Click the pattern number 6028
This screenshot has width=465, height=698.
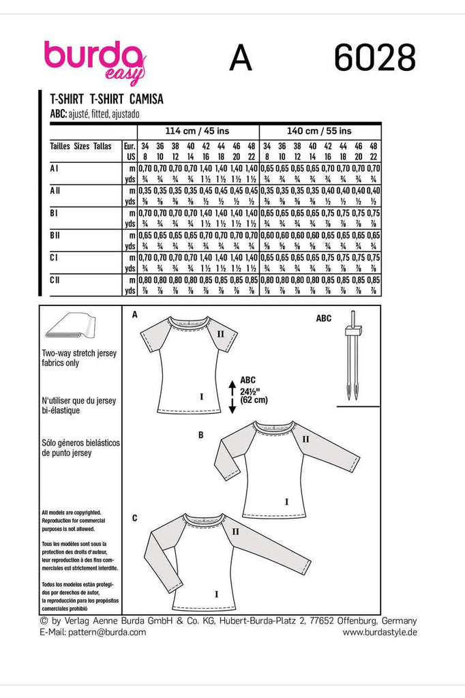374,58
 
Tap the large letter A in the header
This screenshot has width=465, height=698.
241,58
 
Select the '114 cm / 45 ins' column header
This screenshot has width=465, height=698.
198,131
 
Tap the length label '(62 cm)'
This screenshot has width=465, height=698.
252,401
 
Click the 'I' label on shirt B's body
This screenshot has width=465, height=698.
286,502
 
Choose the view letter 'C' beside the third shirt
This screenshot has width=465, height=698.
134,519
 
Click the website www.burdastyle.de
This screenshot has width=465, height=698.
380,633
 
